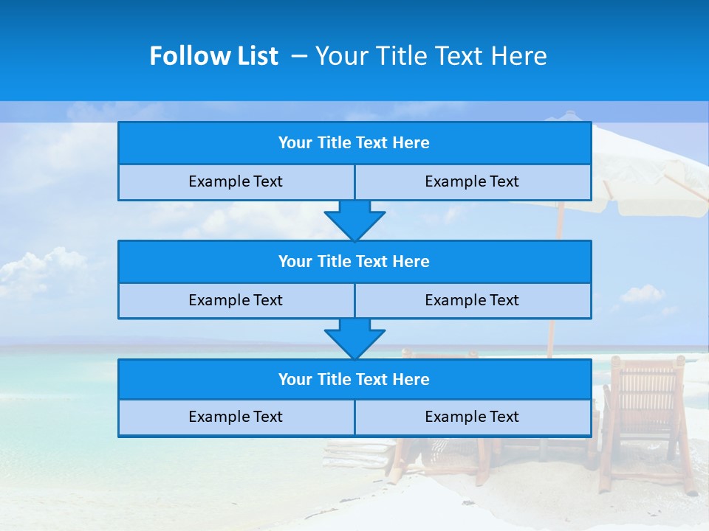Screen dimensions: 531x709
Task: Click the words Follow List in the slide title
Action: (213, 56)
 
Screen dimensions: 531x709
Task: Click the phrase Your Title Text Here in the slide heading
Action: (431, 56)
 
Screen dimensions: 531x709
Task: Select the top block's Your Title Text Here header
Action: (354, 143)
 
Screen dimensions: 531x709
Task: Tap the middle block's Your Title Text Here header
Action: (354, 261)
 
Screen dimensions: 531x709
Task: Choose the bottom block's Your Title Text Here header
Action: (354, 380)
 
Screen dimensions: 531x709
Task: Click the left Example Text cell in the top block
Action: (236, 181)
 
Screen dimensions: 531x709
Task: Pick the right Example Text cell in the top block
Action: (472, 181)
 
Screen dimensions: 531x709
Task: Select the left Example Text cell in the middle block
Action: (236, 300)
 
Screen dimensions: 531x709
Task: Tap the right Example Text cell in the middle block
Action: (472, 300)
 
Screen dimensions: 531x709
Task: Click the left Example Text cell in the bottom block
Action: (236, 417)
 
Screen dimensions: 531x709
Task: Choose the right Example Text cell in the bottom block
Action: (472, 417)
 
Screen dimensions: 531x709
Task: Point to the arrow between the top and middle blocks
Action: (354, 220)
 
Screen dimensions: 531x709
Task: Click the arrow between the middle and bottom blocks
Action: (354, 339)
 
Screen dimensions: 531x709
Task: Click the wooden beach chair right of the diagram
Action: (643, 413)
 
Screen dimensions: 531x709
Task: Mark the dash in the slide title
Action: (300, 56)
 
